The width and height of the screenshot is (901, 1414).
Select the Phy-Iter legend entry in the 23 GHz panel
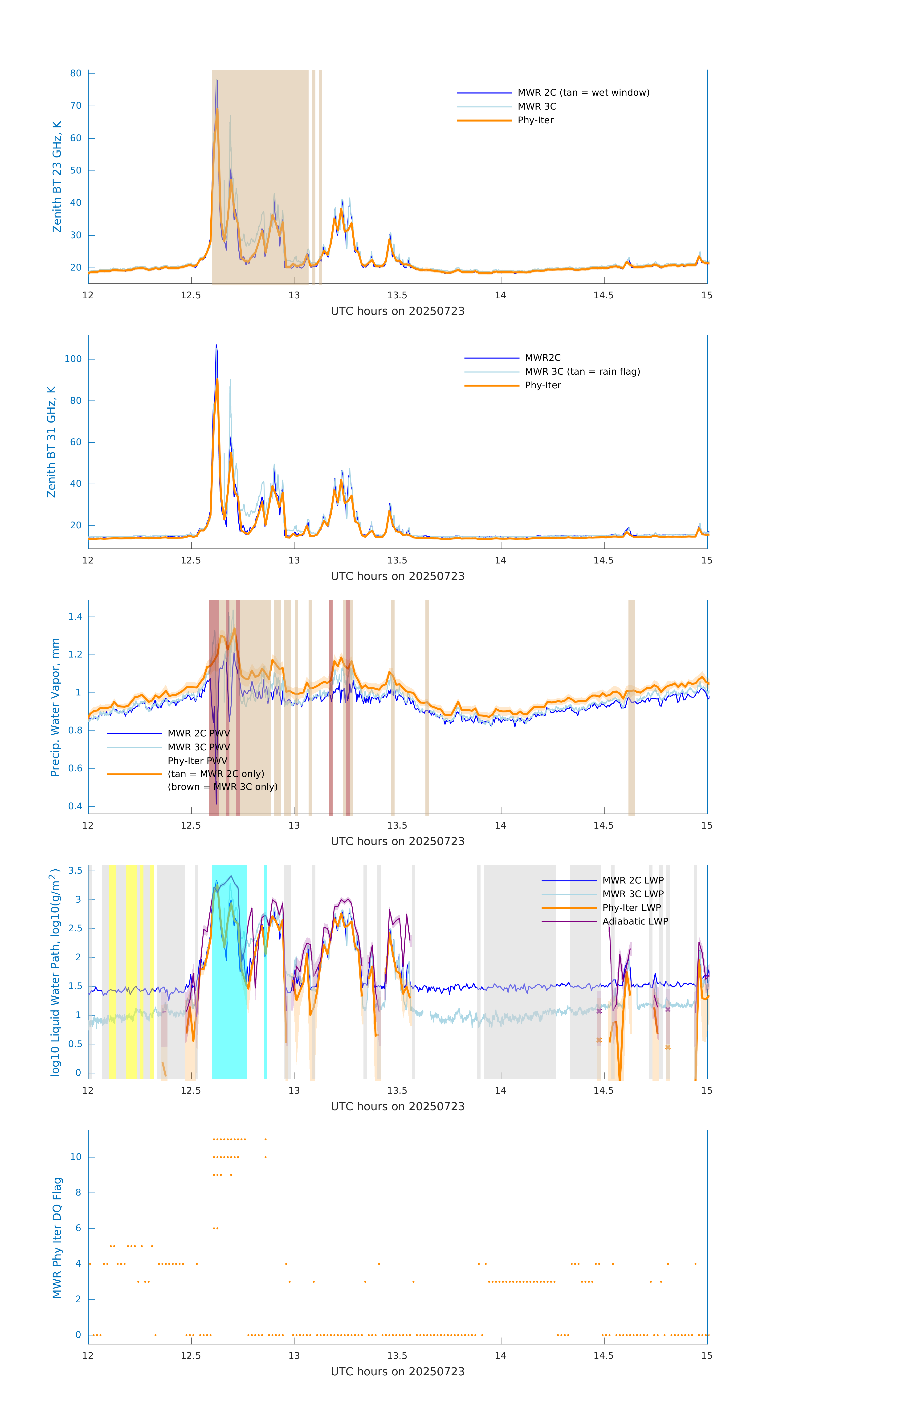tap(535, 120)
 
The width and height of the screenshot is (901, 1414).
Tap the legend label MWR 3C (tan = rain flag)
tap(582, 372)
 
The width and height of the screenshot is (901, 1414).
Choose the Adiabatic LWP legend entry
tap(635, 921)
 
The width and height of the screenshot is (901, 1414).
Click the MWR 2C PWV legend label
tap(198, 733)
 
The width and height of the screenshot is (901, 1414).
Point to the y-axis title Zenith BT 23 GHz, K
tap(57, 177)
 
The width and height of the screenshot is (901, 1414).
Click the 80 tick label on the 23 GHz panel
tap(76, 73)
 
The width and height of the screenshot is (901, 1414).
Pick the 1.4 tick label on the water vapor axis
tap(75, 617)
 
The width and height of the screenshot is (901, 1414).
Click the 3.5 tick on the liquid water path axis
tap(75, 870)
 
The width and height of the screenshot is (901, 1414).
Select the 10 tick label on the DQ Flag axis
tap(76, 1157)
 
